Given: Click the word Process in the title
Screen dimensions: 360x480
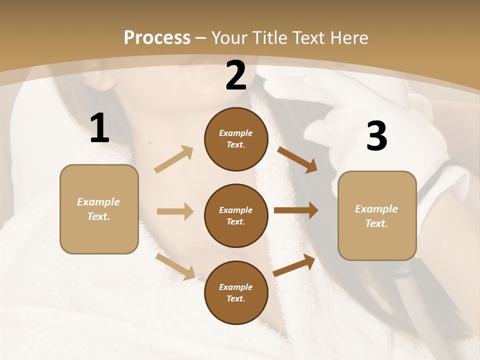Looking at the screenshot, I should point(157,38).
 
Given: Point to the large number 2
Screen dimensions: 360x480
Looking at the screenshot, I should point(236,75).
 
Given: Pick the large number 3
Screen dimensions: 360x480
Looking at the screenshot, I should point(376,136).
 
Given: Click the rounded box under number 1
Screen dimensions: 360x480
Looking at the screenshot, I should point(99,209).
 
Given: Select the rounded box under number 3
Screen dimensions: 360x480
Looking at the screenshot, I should point(377,216).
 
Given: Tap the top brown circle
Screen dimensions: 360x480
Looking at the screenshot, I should point(236,139).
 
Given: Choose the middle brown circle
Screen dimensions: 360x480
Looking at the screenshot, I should point(236,215).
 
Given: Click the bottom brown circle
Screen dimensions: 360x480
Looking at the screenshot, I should point(236,292).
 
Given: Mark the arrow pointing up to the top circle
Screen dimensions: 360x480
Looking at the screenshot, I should point(174,159).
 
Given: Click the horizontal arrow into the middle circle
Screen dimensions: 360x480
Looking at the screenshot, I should point(175,211).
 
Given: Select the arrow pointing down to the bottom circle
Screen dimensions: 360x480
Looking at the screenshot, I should point(175,266).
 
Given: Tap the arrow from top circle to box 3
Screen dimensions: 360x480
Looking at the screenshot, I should point(297,159).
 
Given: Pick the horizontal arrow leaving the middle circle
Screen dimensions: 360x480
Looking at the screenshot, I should point(296,210).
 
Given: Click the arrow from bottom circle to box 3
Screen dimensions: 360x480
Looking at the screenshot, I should point(294,265).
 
